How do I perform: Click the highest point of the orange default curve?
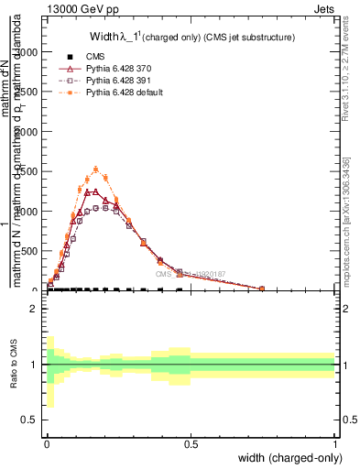pos(96,169)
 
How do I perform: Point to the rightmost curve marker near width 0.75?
pos(262,289)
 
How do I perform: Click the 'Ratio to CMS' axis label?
pos(13,365)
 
